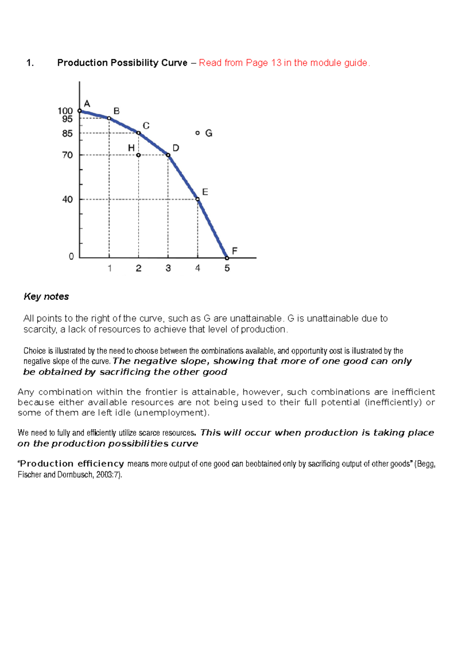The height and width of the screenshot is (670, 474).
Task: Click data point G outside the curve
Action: (x=197, y=133)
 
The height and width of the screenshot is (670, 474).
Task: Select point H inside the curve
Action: (x=138, y=155)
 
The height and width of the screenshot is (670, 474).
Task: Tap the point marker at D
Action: (x=168, y=155)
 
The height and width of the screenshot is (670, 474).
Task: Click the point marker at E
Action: (x=198, y=199)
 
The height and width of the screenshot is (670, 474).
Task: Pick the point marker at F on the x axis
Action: (x=227, y=258)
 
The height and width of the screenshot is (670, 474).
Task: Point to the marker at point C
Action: (x=139, y=133)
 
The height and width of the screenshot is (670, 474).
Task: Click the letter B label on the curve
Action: (x=117, y=111)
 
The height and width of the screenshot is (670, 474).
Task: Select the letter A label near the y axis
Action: (x=87, y=104)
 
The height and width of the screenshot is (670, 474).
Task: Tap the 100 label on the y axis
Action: (x=65, y=111)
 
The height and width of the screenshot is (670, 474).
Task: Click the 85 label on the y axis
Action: (x=68, y=134)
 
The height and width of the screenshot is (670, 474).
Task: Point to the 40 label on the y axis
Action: (x=68, y=200)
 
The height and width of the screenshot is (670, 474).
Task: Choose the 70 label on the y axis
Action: (x=68, y=155)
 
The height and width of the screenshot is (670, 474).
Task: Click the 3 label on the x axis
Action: (x=168, y=268)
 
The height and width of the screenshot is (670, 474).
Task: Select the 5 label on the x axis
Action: (x=227, y=268)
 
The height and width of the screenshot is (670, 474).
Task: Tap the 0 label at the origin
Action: (x=71, y=257)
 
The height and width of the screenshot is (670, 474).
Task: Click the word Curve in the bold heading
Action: (x=174, y=63)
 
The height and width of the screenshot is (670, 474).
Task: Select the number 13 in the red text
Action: (x=276, y=63)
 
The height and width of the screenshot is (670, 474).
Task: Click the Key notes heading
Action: (x=46, y=296)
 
